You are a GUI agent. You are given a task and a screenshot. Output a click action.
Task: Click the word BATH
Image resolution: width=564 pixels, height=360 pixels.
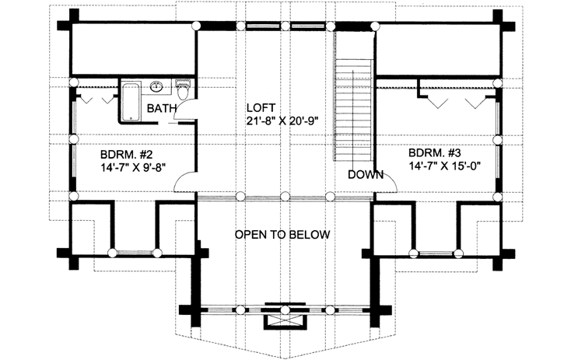(161, 107)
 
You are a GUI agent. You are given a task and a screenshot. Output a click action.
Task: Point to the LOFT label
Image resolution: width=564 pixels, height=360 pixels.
(262, 107)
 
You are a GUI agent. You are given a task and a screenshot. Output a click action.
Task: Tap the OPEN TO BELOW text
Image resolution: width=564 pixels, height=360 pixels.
(282, 234)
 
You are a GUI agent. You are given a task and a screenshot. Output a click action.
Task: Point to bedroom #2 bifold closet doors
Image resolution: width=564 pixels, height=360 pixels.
(94, 99)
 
